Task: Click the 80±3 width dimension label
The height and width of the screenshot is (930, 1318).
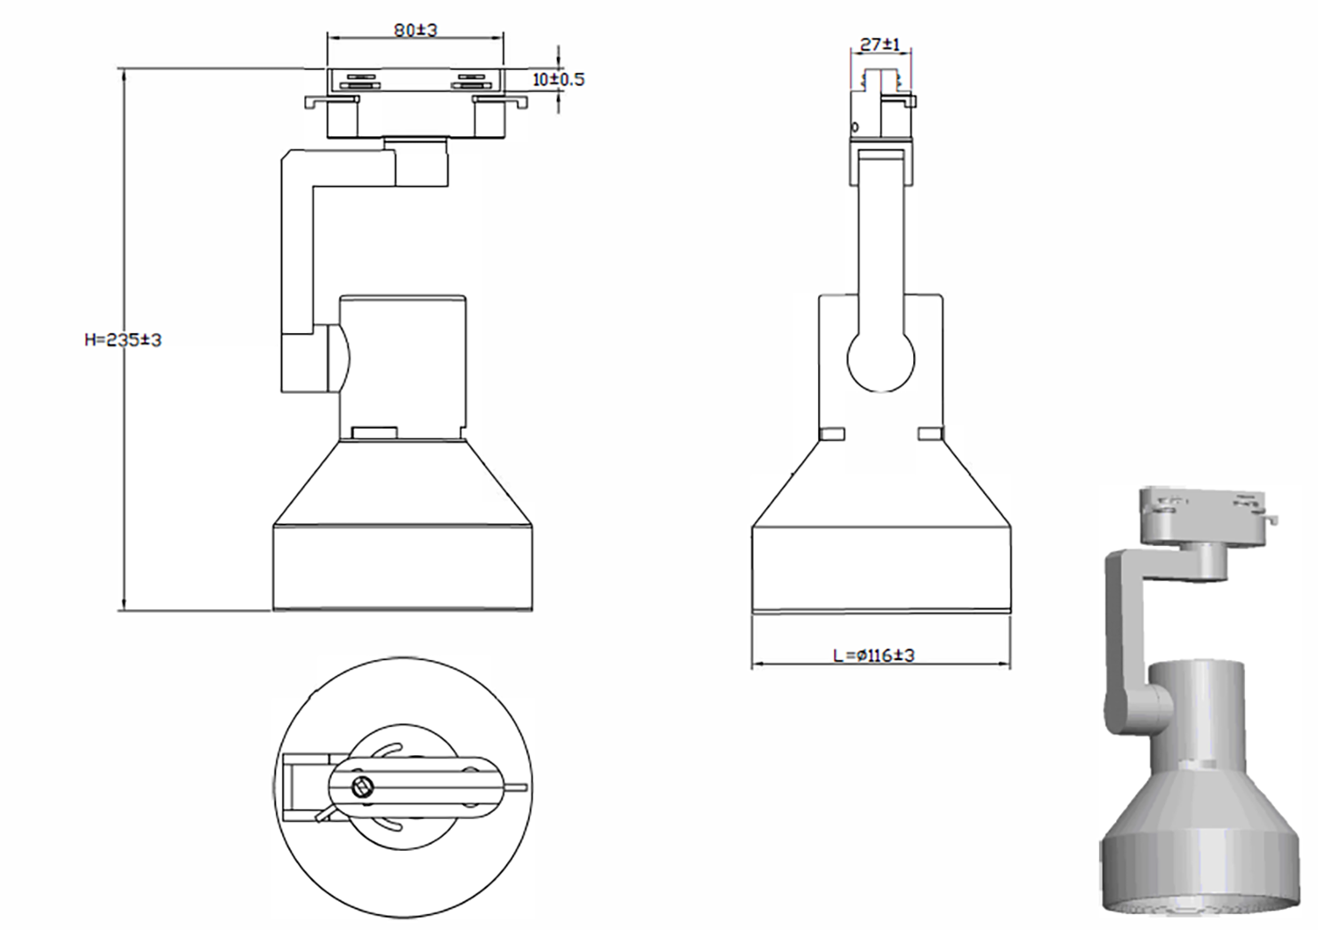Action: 416,30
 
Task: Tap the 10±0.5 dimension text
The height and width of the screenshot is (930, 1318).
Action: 558,79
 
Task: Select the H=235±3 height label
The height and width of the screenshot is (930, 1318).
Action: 123,339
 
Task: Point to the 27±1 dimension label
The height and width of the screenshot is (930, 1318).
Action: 880,44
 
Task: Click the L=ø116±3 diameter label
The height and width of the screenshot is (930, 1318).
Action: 873,655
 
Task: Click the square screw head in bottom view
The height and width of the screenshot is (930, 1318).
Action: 360,786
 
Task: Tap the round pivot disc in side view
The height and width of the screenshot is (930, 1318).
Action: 880,359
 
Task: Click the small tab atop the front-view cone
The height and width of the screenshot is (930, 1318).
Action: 374,432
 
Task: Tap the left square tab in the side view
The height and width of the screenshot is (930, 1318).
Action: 831,433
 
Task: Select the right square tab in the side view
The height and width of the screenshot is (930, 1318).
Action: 930,433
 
